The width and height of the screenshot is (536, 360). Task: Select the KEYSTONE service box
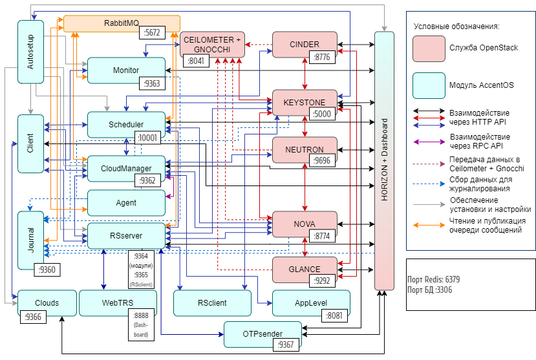304,102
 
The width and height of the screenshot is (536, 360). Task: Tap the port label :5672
153,32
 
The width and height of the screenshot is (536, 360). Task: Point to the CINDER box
305,45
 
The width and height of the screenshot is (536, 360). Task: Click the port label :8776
321,58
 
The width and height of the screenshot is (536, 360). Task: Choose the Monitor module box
126,70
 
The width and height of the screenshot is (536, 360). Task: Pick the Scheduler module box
126,124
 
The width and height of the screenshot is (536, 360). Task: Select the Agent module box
126,202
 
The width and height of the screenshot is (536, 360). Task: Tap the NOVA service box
304,224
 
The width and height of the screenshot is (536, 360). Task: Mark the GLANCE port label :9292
321,281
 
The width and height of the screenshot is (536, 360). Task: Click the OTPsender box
263,334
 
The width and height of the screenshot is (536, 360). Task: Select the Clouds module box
47,302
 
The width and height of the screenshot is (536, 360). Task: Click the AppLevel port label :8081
334,316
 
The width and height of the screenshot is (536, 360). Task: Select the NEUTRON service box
304,150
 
